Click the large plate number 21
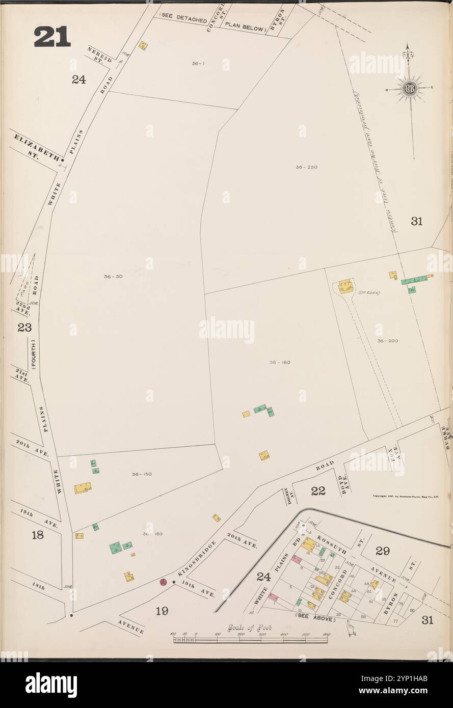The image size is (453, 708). tap(52, 37)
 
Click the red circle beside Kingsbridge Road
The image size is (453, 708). tap(164, 582)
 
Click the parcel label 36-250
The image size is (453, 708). tap(306, 167)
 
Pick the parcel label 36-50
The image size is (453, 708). tap(113, 277)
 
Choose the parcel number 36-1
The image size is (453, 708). tap(198, 64)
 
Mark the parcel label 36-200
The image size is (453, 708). tap(387, 340)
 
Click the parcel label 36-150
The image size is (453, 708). tap(141, 474)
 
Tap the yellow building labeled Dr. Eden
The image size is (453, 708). tap(345, 286)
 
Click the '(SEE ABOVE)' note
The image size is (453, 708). tap(314, 619)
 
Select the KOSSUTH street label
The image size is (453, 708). tap(332, 544)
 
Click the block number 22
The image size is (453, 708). tap(318, 491)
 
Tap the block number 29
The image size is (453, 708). tap(382, 551)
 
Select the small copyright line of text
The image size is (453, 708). tap(405, 496)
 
